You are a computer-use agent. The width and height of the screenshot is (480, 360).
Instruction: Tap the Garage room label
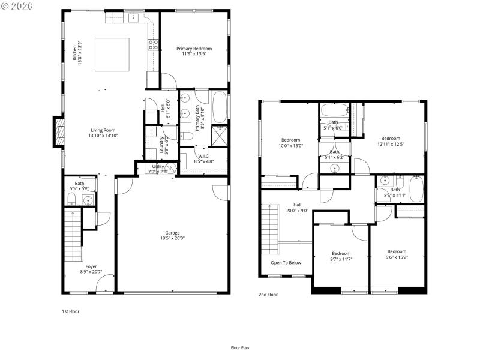pos(172,233)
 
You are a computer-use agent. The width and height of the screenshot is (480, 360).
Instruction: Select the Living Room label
pos(103,130)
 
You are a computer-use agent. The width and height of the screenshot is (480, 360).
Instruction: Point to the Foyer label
pos(91,266)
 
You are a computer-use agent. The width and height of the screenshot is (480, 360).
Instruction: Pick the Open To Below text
pos(286,263)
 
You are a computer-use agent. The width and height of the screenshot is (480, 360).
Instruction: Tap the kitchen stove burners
pos(153,43)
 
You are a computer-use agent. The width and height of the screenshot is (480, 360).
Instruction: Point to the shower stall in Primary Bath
pos(219,135)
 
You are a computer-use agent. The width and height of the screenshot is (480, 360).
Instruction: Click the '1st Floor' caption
pos(71,311)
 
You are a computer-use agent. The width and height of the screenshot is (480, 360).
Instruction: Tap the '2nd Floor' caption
pos(268,295)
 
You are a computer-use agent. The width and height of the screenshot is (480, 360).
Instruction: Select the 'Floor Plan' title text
pos(240,347)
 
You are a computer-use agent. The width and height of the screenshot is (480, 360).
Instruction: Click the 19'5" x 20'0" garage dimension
pos(172,238)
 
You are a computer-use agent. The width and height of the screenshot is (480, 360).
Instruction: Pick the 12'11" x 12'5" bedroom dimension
pos(391,143)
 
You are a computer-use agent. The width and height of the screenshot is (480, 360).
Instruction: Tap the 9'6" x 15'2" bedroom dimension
pos(397,257)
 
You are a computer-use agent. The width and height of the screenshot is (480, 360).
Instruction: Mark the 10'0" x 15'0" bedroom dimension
pos(290,145)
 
